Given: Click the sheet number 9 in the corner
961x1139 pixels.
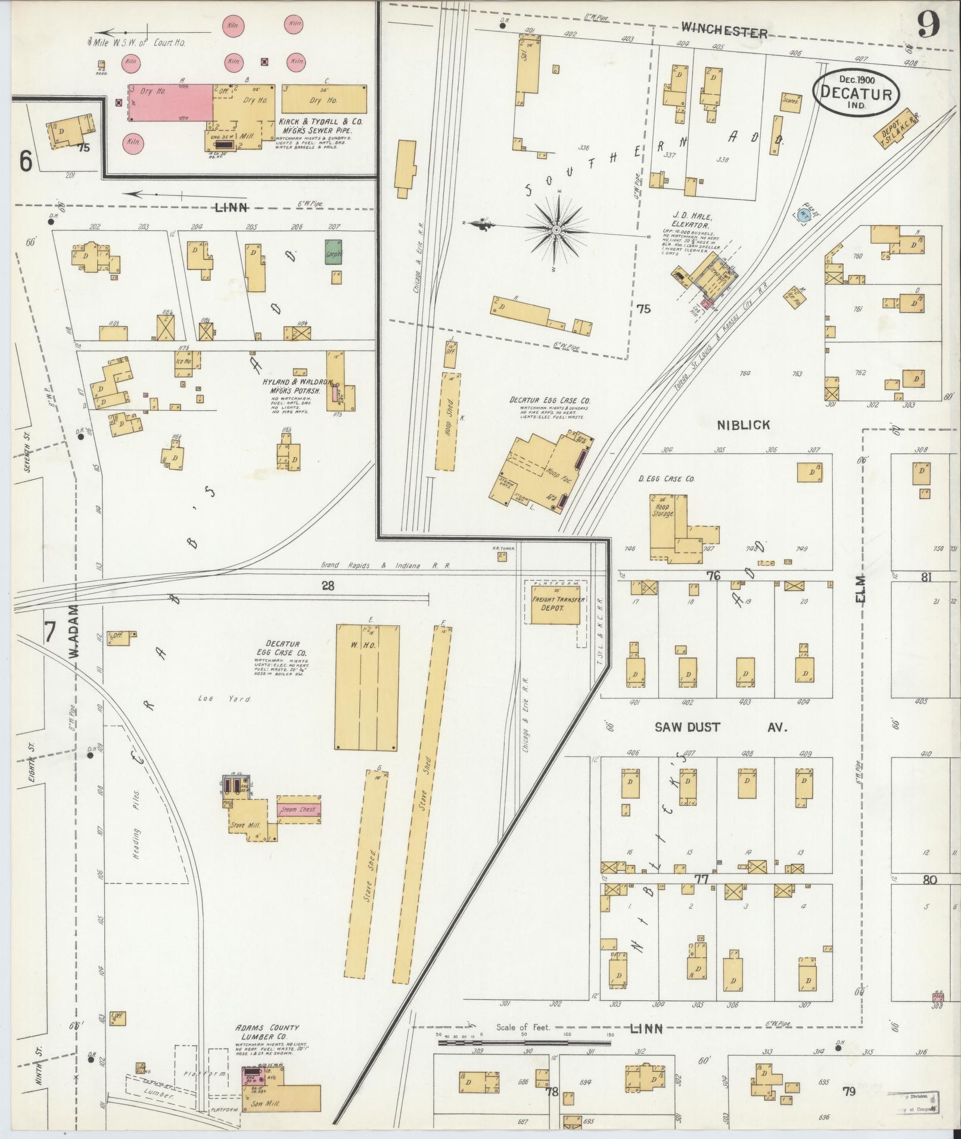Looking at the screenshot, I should pyautogui.click(x=928, y=25).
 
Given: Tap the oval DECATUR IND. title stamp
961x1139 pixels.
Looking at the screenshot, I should pyautogui.click(x=856, y=93).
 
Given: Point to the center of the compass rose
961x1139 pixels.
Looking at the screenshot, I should pyautogui.click(x=556, y=230).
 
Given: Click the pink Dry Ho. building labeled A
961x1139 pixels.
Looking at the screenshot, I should pyautogui.click(x=171, y=102).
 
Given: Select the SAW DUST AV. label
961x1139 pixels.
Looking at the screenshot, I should pyautogui.click(x=721, y=727).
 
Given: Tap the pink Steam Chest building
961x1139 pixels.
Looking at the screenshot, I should pyautogui.click(x=298, y=809).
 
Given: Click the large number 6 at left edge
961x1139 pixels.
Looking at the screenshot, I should pyautogui.click(x=25, y=161).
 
